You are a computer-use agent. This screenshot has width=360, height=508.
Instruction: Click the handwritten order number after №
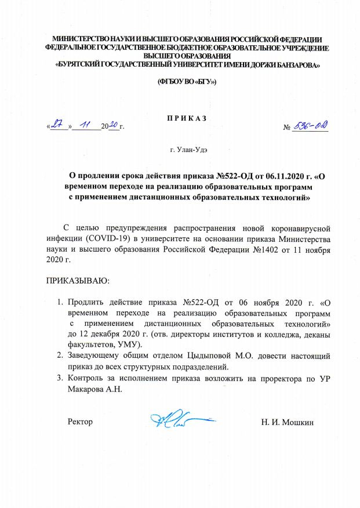coord(310,125)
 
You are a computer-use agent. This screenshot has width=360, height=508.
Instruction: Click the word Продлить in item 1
coord(86,303)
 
